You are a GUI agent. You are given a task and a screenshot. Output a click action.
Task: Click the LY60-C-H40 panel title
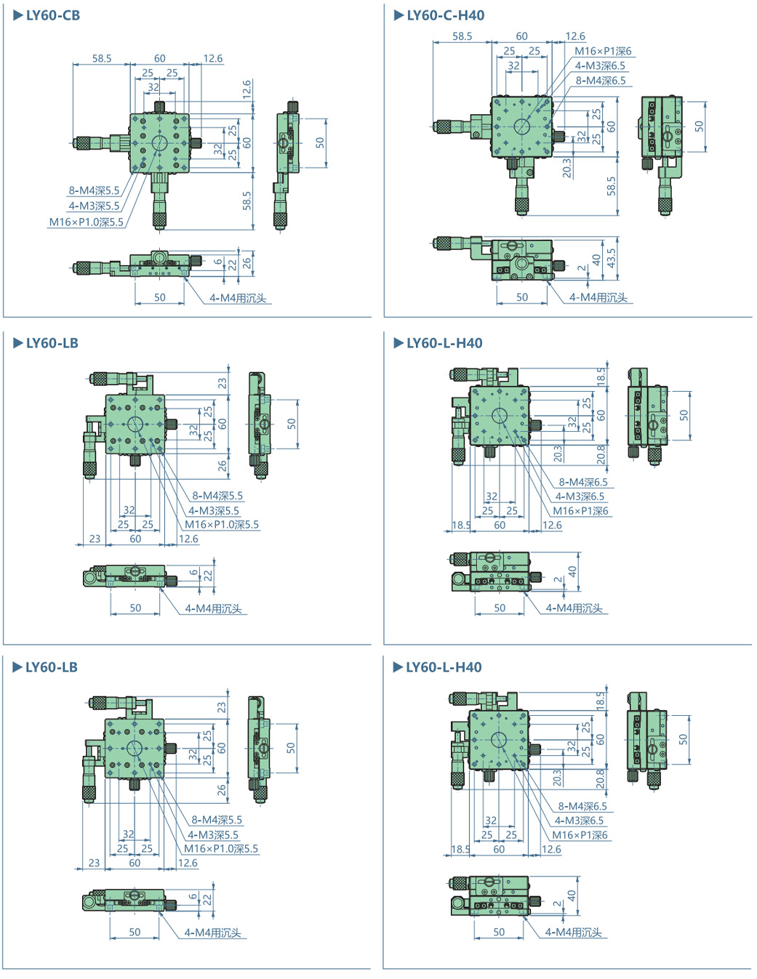pos(445,15)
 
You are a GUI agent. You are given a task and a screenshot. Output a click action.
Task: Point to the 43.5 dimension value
pos(611,257)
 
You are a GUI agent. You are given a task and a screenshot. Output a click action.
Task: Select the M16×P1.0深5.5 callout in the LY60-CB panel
pos(86,222)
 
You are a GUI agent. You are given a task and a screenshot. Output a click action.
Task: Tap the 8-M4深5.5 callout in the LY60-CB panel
pos(94,190)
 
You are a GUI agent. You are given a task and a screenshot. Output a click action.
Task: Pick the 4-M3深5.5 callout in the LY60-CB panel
pos(94,206)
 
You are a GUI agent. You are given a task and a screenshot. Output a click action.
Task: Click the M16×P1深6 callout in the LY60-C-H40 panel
pos(603,51)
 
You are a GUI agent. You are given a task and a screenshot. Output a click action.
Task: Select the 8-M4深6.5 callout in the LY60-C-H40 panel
pos(601,81)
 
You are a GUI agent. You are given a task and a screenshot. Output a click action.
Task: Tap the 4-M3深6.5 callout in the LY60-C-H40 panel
pos(600,66)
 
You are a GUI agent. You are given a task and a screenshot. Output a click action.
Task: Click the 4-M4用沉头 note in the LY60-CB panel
pos(238,298)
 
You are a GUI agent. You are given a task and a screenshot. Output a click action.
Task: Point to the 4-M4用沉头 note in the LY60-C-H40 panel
pos(598,297)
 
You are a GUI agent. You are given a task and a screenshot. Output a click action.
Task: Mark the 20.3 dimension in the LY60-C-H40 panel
pos(567,168)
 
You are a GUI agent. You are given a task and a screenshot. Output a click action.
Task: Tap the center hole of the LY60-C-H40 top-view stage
pos(521,126)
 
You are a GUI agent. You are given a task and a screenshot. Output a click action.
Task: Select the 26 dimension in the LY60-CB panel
pos(247,262)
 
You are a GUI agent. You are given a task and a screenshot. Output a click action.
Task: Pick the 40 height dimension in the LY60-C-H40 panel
pos(596,259)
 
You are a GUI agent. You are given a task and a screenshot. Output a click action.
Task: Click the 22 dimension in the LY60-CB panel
pos(232,265)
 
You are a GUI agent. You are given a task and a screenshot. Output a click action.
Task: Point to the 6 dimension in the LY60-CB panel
pos(218,262)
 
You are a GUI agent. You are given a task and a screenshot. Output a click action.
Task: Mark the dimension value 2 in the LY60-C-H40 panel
pos(582,268)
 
